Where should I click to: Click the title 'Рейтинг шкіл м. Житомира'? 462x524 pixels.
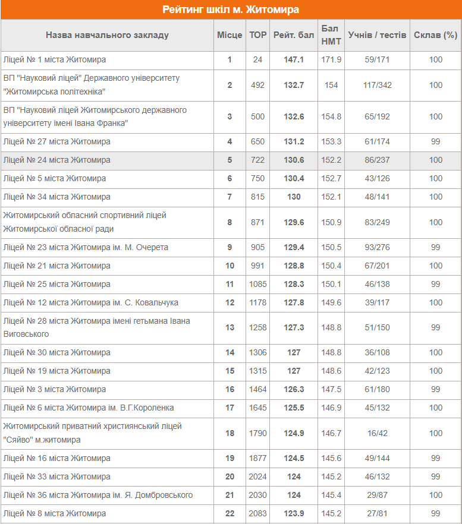[x=231, y=10]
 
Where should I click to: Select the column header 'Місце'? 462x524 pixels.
[x=229, y=35]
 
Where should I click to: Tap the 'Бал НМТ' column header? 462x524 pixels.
[x=331, y=35]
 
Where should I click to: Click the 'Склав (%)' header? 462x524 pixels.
[x=435, y=35]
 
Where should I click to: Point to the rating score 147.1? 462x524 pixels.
[x=294, y=60]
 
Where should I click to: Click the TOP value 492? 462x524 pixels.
[x=257, y=85]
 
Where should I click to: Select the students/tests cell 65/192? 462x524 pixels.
[x=377, y=116]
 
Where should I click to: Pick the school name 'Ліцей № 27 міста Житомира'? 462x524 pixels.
[x=57, y=141]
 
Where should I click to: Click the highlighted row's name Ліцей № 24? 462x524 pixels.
[x=57, y=160]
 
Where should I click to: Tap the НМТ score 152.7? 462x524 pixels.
[x=331, y=178]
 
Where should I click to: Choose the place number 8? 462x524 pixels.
[x=230, y=222]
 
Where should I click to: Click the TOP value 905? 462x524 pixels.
[x=257, y=247]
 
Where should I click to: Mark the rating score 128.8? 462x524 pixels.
[x=294, y=266]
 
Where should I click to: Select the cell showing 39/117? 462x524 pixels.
[x=377, y=302]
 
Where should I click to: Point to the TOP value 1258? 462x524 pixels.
[x=257, y=327]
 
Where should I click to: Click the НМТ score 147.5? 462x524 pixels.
[x=331, y=389]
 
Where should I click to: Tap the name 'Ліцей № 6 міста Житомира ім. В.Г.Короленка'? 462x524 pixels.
[x=89, y=408]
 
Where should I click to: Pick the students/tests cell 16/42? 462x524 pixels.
[x=377, y=433]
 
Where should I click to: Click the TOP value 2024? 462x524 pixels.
[x=257, y=476]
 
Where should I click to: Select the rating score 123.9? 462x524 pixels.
[x=294, y=513]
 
